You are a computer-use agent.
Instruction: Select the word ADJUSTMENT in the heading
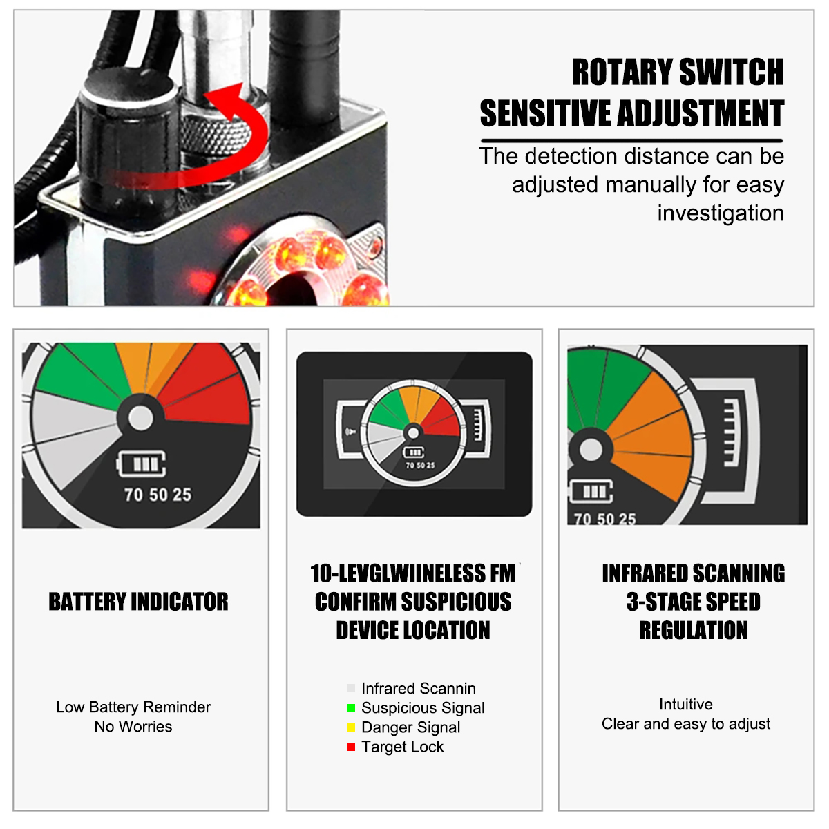(701, 113)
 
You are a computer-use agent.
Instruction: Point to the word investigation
(721, 213)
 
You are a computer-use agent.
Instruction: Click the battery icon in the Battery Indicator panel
(141, 464)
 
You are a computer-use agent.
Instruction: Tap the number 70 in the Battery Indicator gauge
(133, 495)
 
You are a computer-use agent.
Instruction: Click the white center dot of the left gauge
(141, 418)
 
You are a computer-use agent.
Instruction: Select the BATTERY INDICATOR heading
(138, 602)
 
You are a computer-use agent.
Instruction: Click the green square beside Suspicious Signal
(351, 707)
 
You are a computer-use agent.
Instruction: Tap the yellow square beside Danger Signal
(351, 727)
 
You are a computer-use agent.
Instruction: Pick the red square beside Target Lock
(351, 747)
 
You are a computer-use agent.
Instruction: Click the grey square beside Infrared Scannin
(351, 688)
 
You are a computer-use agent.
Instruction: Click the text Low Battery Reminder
(133, 707)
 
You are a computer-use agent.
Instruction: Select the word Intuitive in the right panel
(686, 704)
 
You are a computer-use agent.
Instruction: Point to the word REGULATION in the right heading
(693, 630)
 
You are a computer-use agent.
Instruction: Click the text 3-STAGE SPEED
(693, 602)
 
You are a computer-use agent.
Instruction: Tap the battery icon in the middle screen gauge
(413, 452)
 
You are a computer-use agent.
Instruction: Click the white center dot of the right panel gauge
(591, 450)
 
